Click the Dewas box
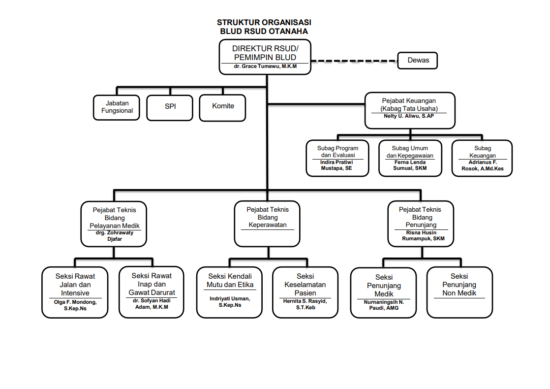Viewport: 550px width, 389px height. point(418,61)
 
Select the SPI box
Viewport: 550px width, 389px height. point(170,106)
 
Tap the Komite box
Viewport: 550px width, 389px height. point(223,106)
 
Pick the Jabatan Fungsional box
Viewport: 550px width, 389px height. point(117,107)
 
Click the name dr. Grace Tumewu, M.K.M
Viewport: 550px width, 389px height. point(265,66)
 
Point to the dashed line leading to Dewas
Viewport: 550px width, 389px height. point(354,61)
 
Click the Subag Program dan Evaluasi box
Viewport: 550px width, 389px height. point(337,158)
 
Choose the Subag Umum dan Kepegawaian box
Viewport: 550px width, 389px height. point(410,158)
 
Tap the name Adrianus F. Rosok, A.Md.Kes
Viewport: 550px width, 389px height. point(482,165)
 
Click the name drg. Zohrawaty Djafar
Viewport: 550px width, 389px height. point(115,236)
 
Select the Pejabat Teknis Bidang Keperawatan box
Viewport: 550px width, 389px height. point(267,223)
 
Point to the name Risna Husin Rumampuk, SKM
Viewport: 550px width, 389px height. point(419,236)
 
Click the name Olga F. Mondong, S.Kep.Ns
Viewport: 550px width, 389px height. point(75,305)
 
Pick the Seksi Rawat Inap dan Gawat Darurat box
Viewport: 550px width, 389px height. point(152,292)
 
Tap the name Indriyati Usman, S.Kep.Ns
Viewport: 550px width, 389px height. point(230,302)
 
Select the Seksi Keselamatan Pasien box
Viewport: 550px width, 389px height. point(305,292)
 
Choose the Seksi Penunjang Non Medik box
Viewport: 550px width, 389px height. point(459,292)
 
